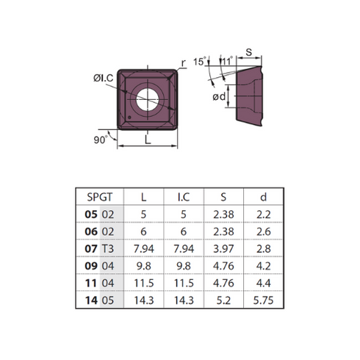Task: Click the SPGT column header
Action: [x=100, y=197]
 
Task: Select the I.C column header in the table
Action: [x=184, y=197]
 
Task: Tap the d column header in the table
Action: [x=263, y=197]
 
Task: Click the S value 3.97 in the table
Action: [x=223, y=248]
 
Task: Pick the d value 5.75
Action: [x=263, y=300]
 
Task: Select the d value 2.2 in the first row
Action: [x=264, y=215]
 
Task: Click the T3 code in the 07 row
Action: [x=108, y=248]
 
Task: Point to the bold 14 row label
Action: [x=91, y=300]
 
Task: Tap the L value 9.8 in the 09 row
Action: [x=144, y=266]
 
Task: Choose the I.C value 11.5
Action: [x=184, y=283]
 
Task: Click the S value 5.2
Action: [x=223, y=300]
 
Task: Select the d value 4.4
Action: [x=264, y=283]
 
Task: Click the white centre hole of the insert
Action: [x=148, y=100]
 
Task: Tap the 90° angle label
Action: [x=101, y=140]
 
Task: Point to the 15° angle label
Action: [x=200, y=61]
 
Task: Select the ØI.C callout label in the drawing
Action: [x=104, y=78]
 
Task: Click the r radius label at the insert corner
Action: [x=184, y=62]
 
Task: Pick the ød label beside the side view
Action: [x=219, y=97]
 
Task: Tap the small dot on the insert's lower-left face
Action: [x=129, y=118]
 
